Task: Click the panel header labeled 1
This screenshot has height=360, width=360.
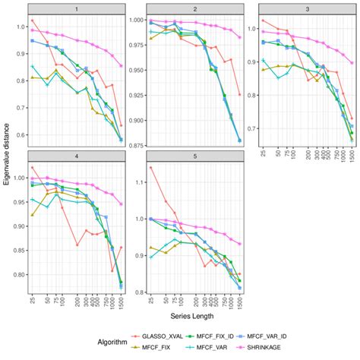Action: (x=76, y=8)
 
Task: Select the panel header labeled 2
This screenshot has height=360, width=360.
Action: (x=195, y=8)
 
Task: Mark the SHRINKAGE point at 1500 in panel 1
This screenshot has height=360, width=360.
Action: (x=121, y=65)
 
